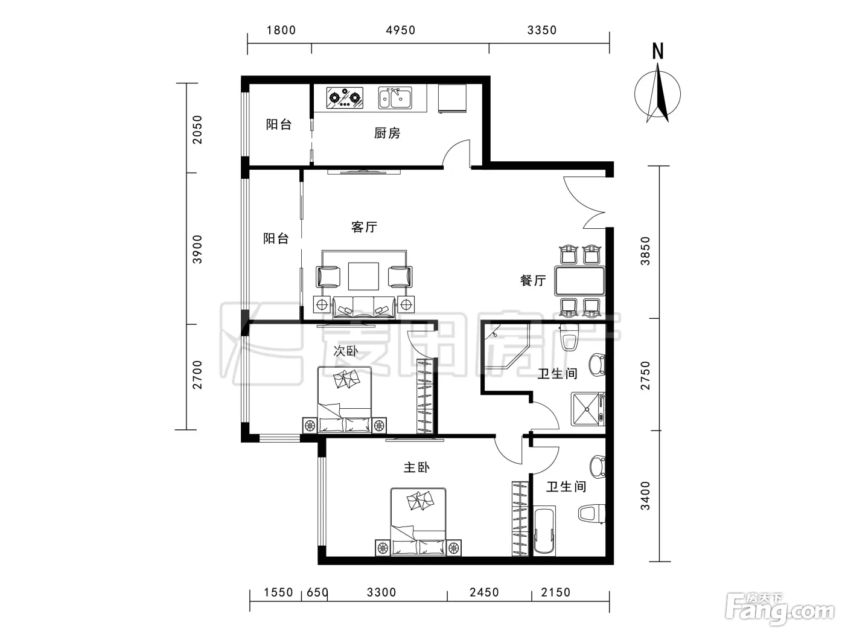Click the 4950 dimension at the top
[400, 30]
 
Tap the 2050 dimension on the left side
[197, 129]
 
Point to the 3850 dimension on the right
[645, 251]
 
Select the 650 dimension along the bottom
[317, 592]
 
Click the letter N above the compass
[658, 51]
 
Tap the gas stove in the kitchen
[345, 98]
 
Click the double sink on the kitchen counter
[395, 98]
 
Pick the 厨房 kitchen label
[387, 133]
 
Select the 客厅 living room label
[364, 227]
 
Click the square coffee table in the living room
[363, 276]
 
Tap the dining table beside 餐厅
[579, 281]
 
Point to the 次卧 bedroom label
[346, 351]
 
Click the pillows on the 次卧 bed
[346, 379]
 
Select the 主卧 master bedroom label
[416, 467]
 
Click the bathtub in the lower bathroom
[545, 531]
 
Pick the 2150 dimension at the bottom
[555, 592]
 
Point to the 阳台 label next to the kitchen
[278, 124]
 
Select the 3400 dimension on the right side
[645, 495]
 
